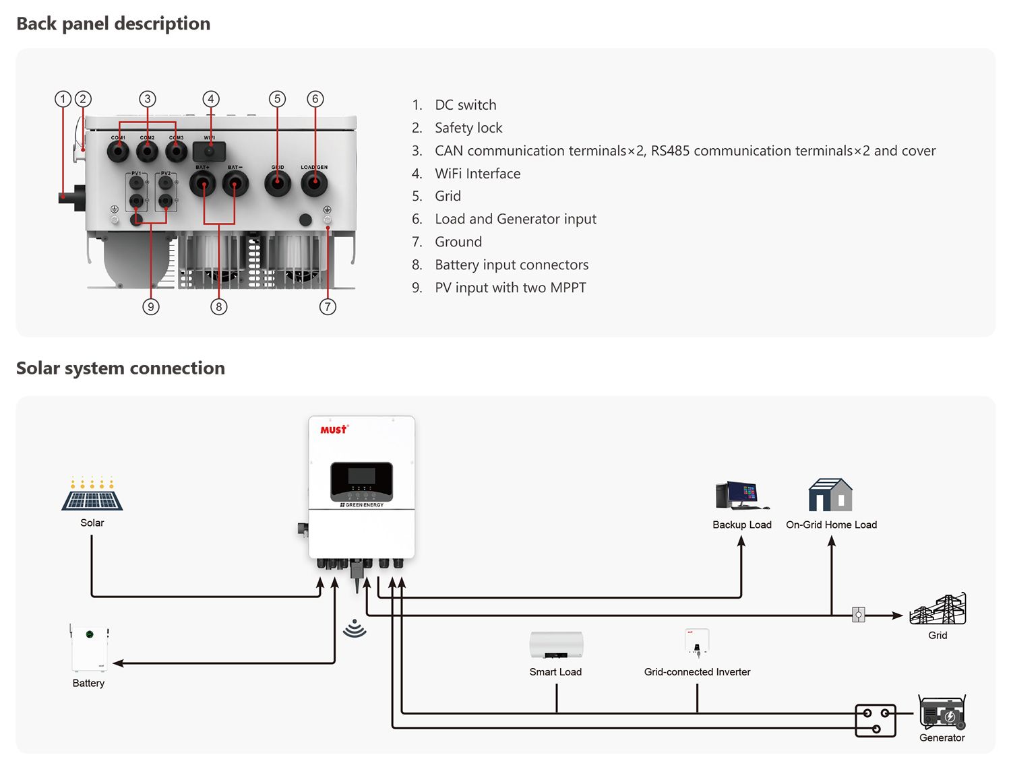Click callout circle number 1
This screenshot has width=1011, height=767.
[x=63, y=99]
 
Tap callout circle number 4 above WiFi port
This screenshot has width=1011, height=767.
[x=211, y=99]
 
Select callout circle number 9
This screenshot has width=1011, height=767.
[x=151, y=306]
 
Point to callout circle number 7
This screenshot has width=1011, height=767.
[x=328, y=306]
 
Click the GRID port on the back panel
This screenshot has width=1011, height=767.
[x=278, y=182]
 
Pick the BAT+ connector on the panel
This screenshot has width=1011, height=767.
[x=203, y=183]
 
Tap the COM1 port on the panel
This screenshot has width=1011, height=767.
[x=119, y=151]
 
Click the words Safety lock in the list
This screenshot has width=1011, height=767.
[x=468, y=128]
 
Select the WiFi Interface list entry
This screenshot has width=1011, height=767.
[x=477, y=174]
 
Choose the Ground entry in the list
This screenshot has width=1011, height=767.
[x=458, y=242]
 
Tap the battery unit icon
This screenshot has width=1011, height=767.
[x=90, y=648]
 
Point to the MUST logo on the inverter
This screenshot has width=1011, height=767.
[x=334, y=429]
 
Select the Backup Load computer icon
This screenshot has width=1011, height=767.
[x=741, y=496]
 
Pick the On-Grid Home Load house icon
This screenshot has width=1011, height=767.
[x=830, y=496]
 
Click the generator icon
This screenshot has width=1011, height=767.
[x=942, y=713]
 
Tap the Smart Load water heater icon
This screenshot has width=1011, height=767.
[x=556, y=645]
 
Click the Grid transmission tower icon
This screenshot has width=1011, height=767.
[x=938, y=609]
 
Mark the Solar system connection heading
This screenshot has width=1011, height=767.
[x=121, y=368]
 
